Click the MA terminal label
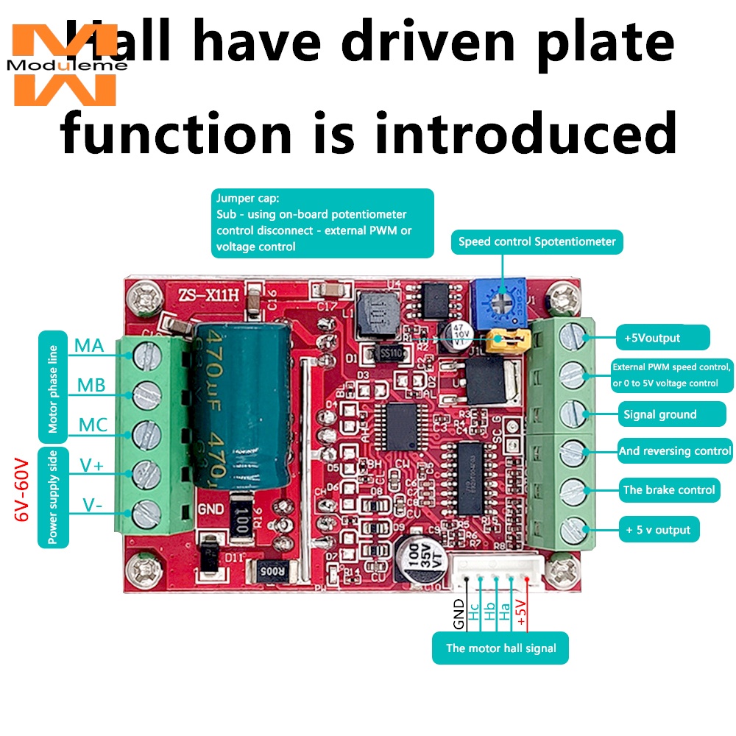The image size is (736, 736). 89,344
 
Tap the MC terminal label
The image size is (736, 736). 93,425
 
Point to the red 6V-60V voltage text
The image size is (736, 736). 21,489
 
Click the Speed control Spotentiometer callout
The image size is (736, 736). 537,241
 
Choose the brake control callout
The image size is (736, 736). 668,489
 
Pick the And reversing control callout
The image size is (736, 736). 675,450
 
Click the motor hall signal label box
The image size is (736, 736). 500,648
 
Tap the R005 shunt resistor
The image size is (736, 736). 272,569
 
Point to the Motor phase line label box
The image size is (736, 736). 52,387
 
